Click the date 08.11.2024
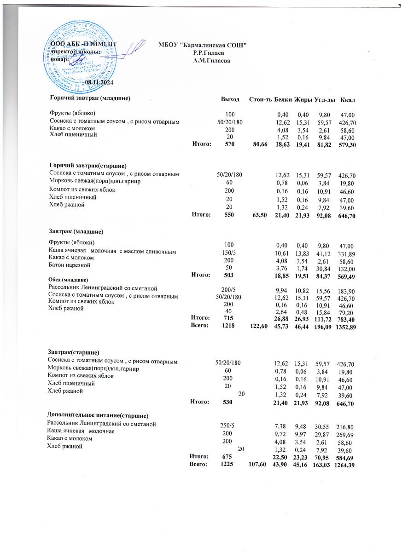(99, 82)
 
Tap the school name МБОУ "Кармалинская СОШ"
(203, 45)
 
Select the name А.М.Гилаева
(211, 60)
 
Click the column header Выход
(230, 99)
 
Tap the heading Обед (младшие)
(68, 280)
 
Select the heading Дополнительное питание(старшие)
(98, 415)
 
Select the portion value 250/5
(227, 425)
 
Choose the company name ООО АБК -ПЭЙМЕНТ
(83, 45)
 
